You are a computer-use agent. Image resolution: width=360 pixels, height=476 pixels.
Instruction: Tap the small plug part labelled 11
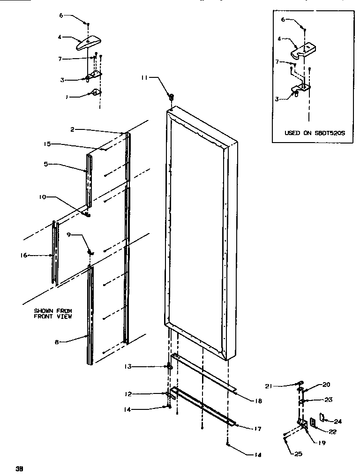171,96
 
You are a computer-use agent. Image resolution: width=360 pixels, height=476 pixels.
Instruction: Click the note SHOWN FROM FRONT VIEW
52,314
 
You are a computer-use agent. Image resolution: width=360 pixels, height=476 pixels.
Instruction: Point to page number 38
19,468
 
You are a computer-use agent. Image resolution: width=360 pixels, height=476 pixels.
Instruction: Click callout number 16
24,255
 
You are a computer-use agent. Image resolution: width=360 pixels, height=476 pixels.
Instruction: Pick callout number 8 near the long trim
57,342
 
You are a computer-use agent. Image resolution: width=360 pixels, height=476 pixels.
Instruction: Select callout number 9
69,235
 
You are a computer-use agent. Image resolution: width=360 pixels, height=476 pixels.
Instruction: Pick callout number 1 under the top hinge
67,97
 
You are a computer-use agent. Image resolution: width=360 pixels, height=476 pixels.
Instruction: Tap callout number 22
333,432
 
